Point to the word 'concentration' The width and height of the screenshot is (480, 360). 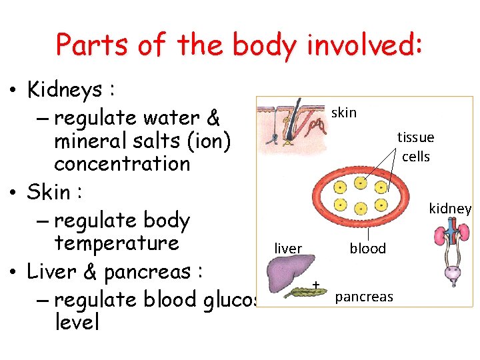coord(122,163)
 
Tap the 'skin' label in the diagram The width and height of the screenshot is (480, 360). coord(344,113)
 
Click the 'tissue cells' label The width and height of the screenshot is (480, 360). coord(415,147)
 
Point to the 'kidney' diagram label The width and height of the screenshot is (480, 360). coord(450,209)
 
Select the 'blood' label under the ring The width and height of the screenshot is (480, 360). coord(368,249)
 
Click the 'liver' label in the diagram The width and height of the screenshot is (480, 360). coord(288,249)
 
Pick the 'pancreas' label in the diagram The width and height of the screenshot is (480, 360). coord(364,297)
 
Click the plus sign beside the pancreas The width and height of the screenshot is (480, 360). coord(316,285)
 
